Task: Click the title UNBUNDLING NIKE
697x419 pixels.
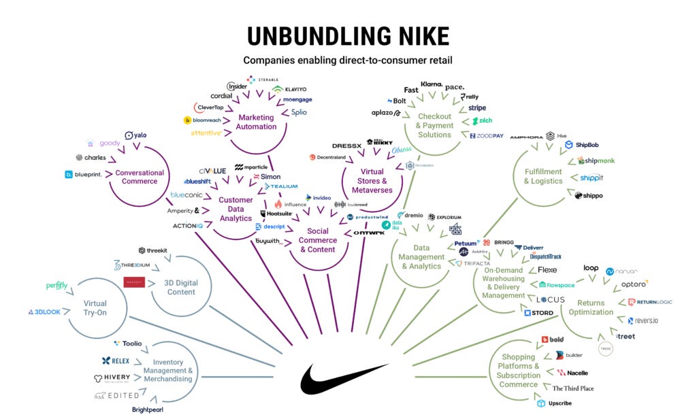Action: coord(348,36)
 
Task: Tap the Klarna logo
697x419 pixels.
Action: coord(432,84)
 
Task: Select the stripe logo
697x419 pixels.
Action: coord(476,108)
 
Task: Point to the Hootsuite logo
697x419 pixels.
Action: coord(276,214)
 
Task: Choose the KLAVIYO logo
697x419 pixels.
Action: coord(291,89)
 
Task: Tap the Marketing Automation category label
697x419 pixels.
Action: coord(255,122)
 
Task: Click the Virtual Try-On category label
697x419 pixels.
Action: coord(95,308)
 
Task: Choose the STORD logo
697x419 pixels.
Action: coord(538,313)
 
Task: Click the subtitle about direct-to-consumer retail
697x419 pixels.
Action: coord(348,61)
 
